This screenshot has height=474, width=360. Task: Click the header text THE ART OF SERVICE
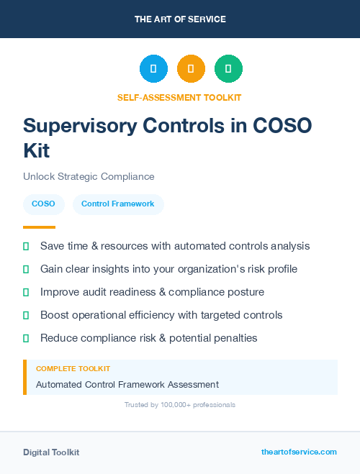coord(180,19)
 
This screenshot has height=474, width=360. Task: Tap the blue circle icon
coord(153,69)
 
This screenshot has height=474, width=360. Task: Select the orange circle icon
coord(191,69)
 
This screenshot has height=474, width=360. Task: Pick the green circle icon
coord(228,69)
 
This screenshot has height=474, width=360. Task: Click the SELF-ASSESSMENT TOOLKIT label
coord(179,97)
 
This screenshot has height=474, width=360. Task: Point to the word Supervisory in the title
coord(84,125)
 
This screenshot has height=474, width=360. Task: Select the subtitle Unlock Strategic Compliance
coord(89,176)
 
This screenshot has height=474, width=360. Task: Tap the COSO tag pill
coord(43,204)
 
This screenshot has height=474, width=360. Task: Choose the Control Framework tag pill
coord(118,204)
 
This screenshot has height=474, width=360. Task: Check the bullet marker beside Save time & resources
coord(26,246)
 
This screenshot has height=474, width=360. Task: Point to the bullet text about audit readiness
coord(152,292)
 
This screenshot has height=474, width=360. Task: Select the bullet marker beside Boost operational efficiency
coord(26,315)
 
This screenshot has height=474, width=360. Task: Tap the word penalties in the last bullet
coord(234,338)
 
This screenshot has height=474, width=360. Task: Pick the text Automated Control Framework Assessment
coord(127,385)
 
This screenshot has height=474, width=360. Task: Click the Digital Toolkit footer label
coord(51,452)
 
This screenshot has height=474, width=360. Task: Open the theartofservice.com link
coord(299,452)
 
